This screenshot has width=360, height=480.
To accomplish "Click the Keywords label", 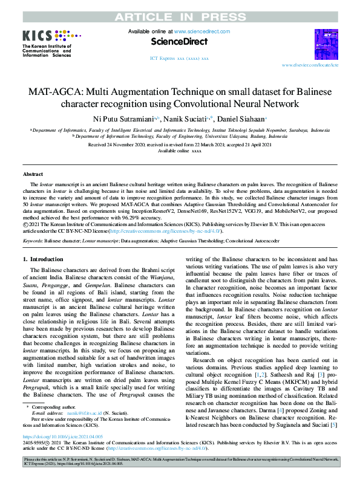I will pyautogui.click(x=33, y=241).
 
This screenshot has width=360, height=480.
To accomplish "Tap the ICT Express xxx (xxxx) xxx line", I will pyautogui.click(x=179, y=59).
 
